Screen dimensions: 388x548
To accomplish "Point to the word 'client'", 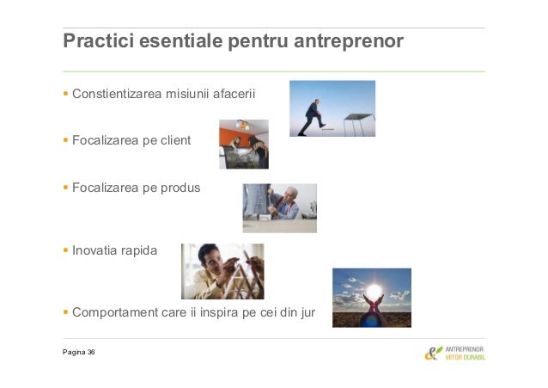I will (174, 140).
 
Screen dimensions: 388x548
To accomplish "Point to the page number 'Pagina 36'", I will (78, 353).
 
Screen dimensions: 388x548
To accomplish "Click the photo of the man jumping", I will (332, 108).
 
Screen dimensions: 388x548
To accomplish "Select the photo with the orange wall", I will (243, 144).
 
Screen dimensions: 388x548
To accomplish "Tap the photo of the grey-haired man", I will (279, 207).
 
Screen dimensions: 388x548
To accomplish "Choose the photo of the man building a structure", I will (222, 271).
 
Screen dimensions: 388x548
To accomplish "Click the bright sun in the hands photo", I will (374, 290).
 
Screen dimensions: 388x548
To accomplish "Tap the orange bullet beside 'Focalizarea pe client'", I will (66, 140).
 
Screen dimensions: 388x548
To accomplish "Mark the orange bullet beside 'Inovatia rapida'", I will (66, 253).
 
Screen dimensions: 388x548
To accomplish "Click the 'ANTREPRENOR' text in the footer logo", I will (465, 349).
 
